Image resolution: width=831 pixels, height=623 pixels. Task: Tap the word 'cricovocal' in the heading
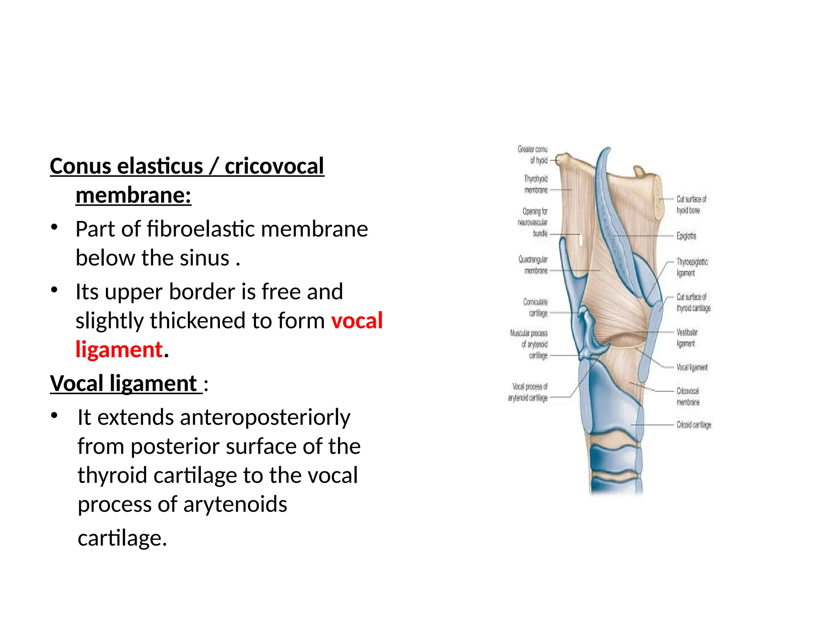(x=274, y=166)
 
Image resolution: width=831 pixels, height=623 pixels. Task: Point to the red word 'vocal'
(x=357, y=320)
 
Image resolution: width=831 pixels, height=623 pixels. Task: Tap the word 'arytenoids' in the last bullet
(x=235, y=504)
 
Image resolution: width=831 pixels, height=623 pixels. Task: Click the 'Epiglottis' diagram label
(x=686, y=236)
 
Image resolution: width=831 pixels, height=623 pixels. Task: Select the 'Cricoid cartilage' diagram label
(x=693, y=425)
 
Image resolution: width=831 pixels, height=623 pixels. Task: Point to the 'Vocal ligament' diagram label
(x=692, y=367)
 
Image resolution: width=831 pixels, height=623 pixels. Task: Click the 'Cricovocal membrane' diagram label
(x=688, y=397)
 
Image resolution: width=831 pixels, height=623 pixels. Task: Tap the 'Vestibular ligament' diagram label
(x=687, y=338)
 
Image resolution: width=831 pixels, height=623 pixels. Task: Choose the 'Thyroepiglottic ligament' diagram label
(x=692, y=267)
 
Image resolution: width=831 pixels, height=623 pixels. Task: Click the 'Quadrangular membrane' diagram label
(x=533, y=265)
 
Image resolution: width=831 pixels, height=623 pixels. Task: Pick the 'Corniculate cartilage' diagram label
(x=536, y=307)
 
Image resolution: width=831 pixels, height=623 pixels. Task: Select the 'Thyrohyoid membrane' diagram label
(x=536, y=184)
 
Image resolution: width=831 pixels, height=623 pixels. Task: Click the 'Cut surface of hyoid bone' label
(x=691, y=204)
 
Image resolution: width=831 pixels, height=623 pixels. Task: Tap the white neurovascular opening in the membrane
(x=581, y=240)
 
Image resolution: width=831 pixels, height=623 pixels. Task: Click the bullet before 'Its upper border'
(x=54, y=290)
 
